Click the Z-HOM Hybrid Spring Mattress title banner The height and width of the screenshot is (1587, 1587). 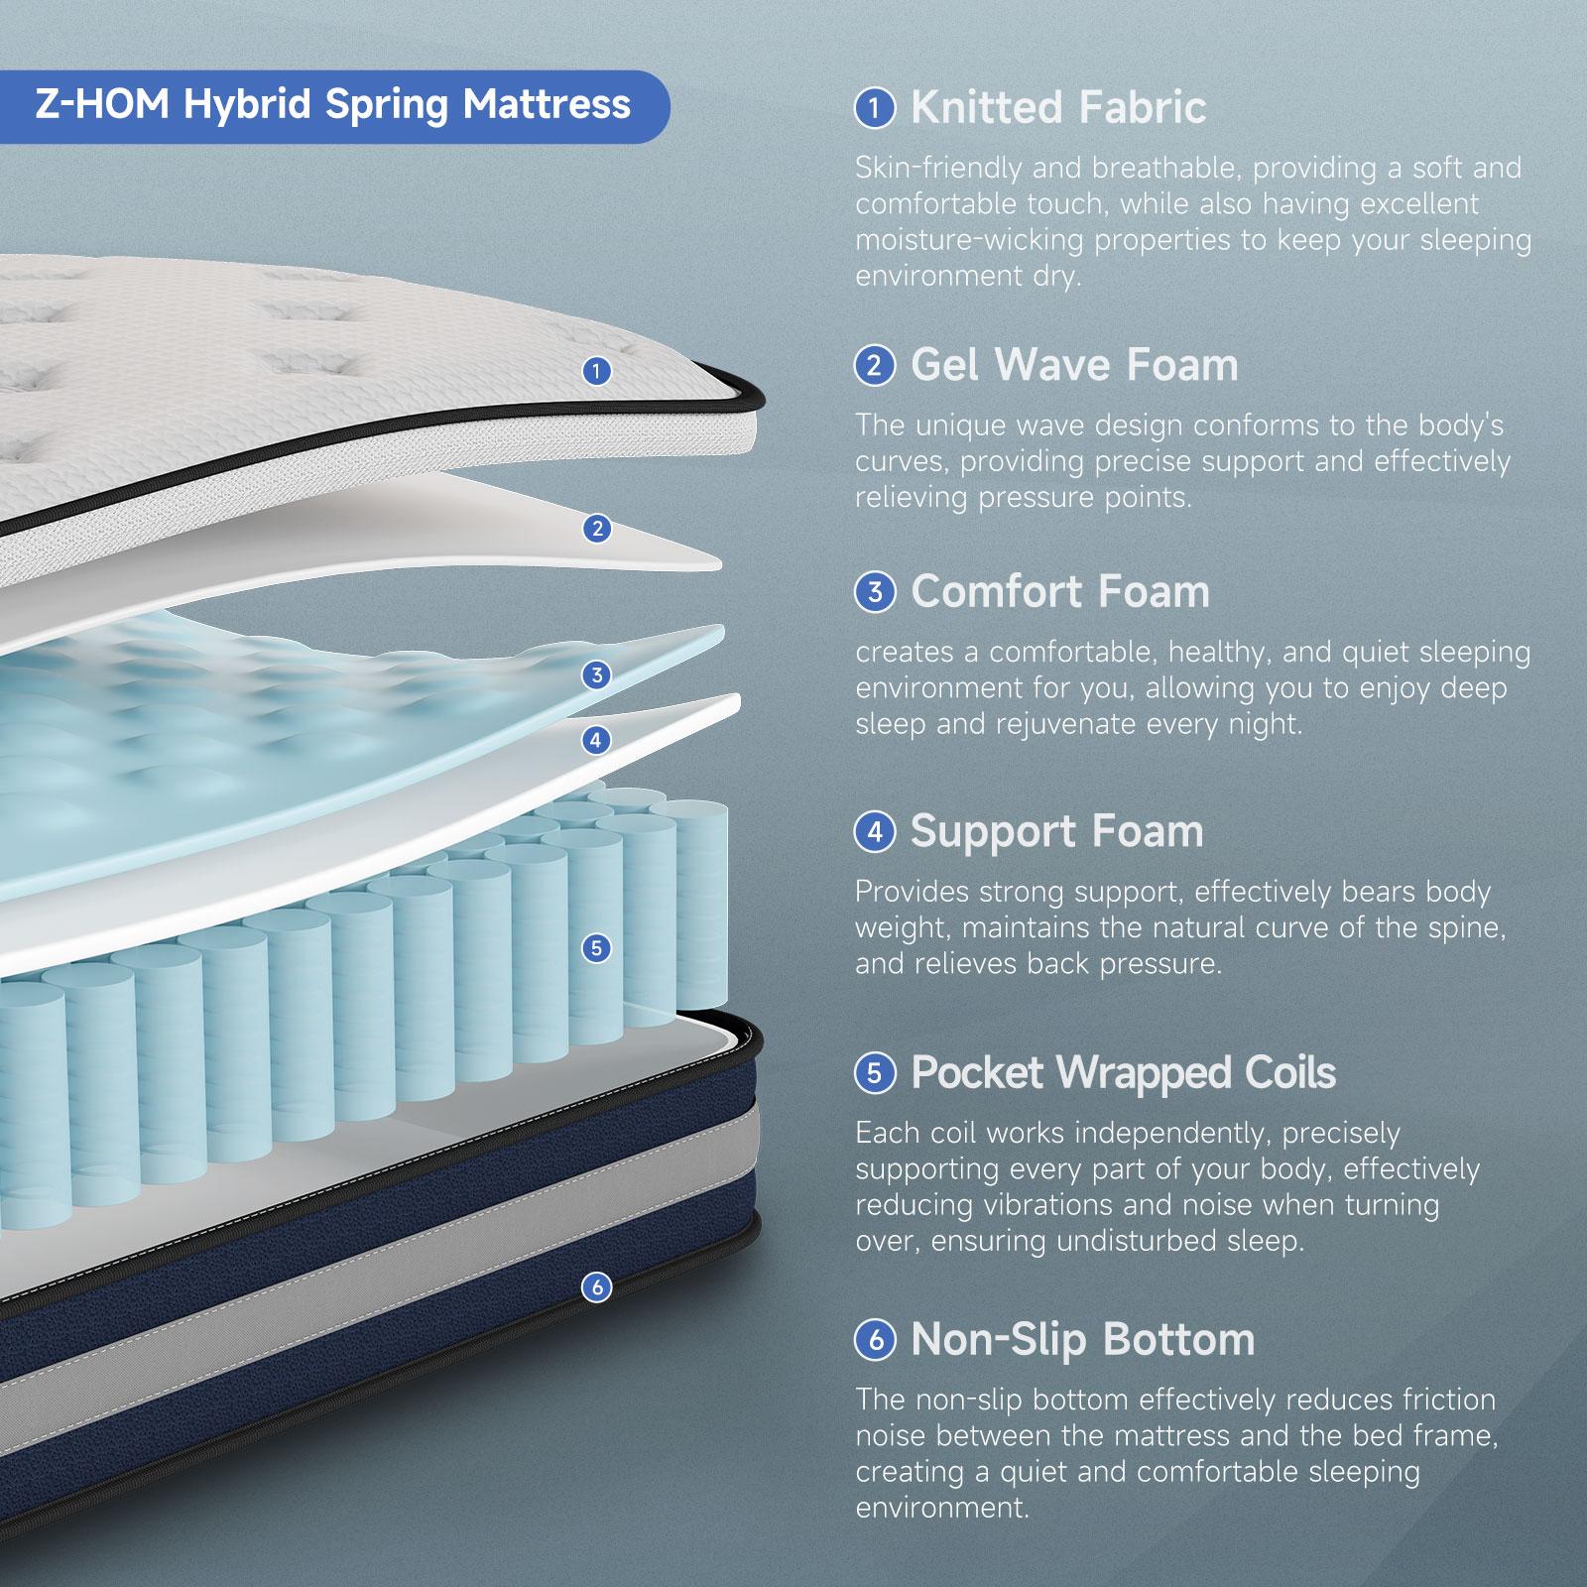[333, 105]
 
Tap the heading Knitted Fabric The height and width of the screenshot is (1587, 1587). [1057, 107]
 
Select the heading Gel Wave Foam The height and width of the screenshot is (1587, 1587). [1074, 365]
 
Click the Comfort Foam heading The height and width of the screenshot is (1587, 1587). [1059, 592]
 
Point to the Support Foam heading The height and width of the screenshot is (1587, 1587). [1056, 831]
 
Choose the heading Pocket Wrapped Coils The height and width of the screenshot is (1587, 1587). [1123, 1072]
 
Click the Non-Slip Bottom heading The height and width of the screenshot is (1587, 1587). [1082, 1339]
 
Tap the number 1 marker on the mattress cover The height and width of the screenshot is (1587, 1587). [595, 371]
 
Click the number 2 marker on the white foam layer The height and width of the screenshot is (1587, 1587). [596, 529]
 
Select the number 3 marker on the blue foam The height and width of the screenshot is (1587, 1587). [596, 675]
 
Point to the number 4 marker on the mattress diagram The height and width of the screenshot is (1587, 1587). [595, 740]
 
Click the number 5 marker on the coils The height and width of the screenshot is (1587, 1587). [596, 948]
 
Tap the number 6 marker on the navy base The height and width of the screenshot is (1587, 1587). [596, 1287]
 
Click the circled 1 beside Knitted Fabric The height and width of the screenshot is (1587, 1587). [875, 107]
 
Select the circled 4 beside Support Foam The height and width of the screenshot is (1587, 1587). [875, 831]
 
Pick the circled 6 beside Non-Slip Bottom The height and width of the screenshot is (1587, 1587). [875, 1340]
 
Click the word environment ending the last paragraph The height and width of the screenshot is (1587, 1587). [940, 1508]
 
